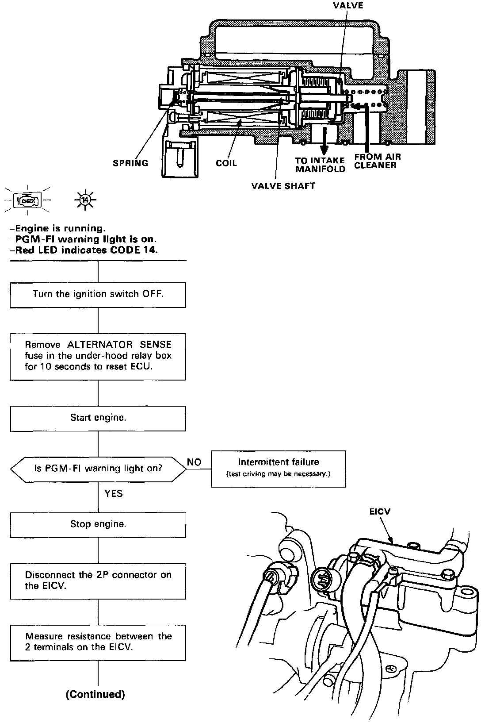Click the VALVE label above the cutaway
click(x=349, y=6)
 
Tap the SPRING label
click(x=130, y=163)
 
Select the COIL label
click(x=226, y=163)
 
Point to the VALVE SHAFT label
click(x=283, y=186)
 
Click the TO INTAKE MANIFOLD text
click(x=320, y=165)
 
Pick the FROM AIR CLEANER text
click(x=377, y=161)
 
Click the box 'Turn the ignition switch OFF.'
click(x=98, y=294)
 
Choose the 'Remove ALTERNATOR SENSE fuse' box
click(x=98, y=356)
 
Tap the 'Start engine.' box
click(x=98, y=418)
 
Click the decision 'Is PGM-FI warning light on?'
click(x=98, y=468)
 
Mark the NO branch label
click(x=194, y=462)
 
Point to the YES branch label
click(x=114, y=493)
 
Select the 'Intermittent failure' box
click(x=278, y=468)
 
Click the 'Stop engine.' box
click(x=98, y=524)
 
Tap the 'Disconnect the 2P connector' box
click(x=98, y=581)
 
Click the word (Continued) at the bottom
click(x=95, y=694)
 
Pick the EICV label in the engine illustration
click(x=380, y=512)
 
